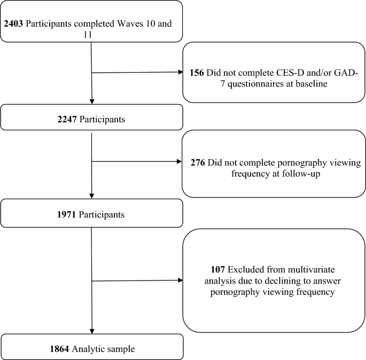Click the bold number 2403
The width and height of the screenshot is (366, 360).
(x=13, y=24)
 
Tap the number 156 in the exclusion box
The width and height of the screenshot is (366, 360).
(x=197, y=73)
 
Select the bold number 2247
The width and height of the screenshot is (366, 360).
(x=67, y=119)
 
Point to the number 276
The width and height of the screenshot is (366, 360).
(x=198, y=162)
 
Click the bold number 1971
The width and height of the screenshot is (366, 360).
(x=67, y=214)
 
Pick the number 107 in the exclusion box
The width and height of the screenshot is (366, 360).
(x=218, y=270)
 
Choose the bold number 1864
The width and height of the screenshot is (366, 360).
(x=59, y=349)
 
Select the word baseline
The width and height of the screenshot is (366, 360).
(x=312, y=83)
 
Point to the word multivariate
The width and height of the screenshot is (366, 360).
(x=311, y=270)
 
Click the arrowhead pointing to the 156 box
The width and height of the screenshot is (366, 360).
(x=181, y=72)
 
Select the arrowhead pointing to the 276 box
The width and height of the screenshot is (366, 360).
(x=180, y=161)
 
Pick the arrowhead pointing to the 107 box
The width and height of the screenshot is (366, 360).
(x=181, y=280)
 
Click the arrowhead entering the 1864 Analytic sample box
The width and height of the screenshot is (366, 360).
(x=92, y=331)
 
